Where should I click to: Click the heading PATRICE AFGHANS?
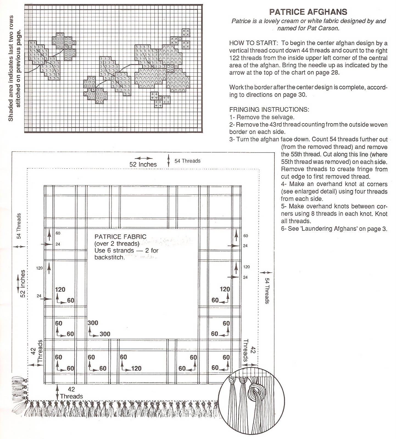pos(308,12)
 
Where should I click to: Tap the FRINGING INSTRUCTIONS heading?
pos(269,109)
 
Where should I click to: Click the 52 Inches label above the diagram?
pos(143,164)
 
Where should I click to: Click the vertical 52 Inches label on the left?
pos(23,284)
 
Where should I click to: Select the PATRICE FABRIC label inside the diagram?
pos(120,237)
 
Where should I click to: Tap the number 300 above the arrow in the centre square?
pos(93,323)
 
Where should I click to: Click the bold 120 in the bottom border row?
pos(136,368)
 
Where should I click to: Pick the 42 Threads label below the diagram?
pos(71,393)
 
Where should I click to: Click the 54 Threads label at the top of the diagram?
pos(188,161)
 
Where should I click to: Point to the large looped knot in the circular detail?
pos(255,392)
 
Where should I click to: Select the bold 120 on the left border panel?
pos(60,289)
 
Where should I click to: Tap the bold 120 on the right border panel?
pos(225,289)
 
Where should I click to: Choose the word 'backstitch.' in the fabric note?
pos(110,257)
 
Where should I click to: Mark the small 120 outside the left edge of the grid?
pos(39,268)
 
